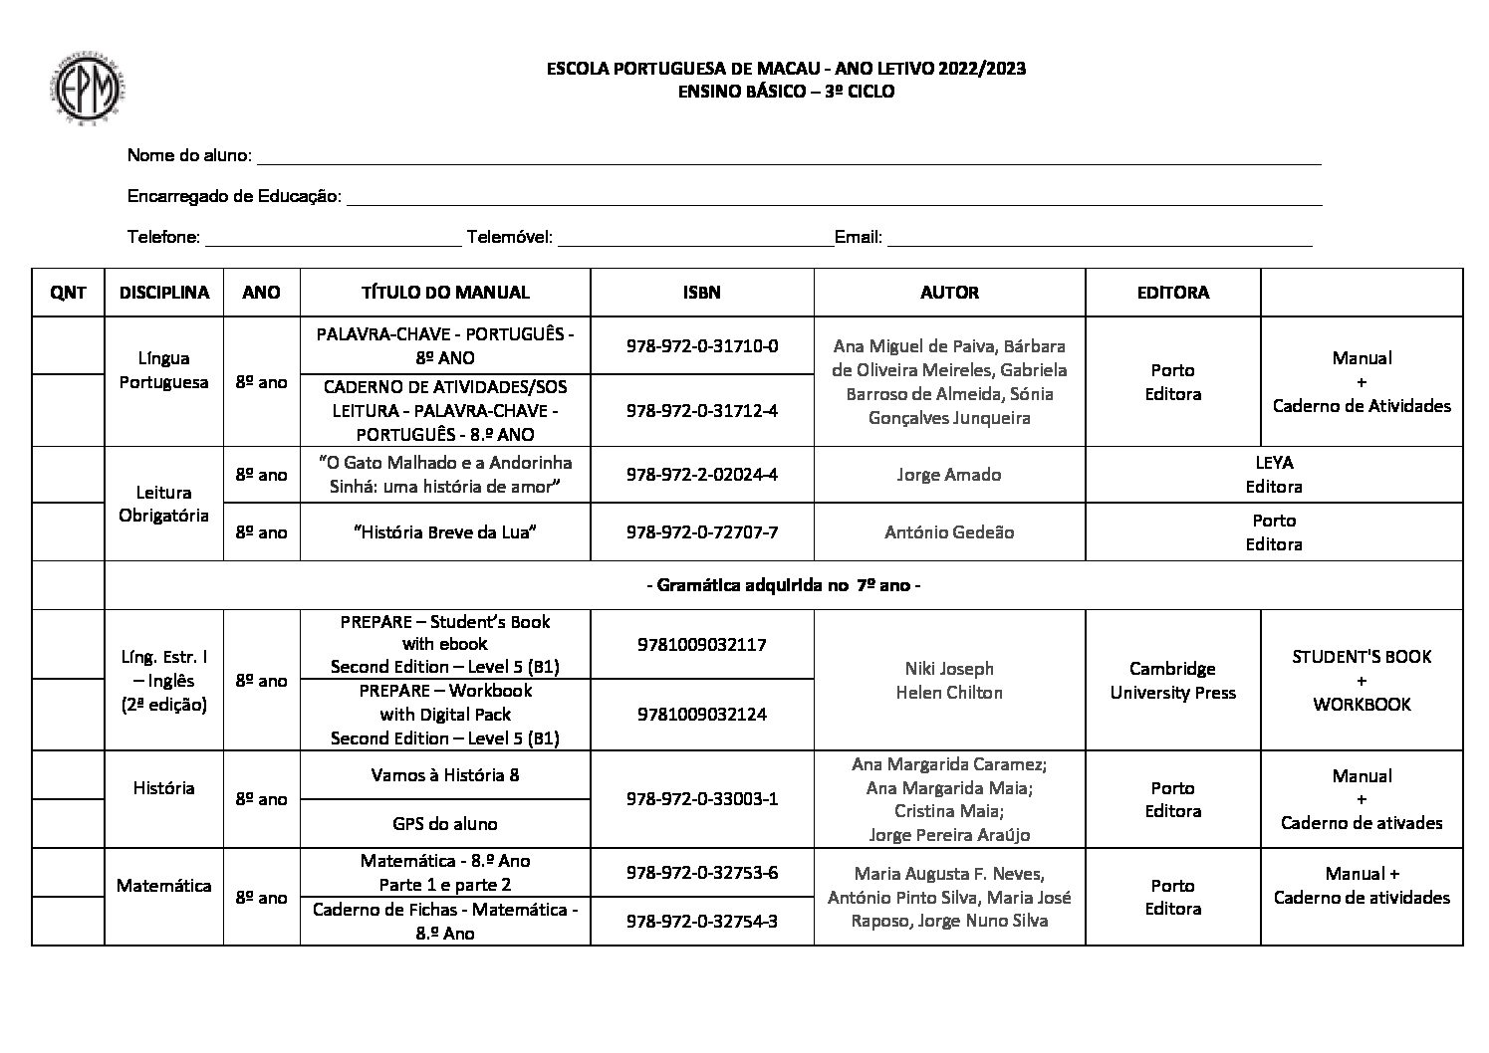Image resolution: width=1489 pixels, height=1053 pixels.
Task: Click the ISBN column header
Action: click(x=701, y=293)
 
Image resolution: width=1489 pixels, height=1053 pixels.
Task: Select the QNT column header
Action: click(x=68, y=293)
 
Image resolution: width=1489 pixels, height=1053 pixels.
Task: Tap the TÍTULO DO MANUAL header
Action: click(x=444, y=293)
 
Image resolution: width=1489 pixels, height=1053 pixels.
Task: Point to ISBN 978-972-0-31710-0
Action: click(x=701, y=346)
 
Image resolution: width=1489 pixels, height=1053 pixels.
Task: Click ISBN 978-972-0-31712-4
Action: click(x=701, y=410)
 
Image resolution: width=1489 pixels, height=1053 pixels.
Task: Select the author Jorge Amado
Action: click(x=948, y=475)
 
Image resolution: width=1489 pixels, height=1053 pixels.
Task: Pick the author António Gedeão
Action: click(x=948, y=532)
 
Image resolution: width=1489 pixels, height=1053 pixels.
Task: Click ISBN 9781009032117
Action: click(x=701, y=645)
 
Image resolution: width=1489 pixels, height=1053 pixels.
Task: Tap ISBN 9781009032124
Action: click(x=701, y=715)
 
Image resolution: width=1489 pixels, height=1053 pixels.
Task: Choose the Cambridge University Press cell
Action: click(x=1172, y=681)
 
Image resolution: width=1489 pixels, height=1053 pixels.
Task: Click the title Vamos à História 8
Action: click(x=444, y=775)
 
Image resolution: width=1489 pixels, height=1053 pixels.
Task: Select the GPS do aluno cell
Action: click(x=444, y=824)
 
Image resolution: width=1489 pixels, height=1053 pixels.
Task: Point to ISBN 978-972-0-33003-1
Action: click(x=701, y=799)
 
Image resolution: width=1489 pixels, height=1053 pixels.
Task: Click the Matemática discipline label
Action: click(x=163, y=886)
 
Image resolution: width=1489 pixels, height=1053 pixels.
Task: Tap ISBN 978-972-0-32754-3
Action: click(x=701, y=922)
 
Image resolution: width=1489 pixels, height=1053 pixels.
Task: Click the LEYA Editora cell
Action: click(x=1273, y=475)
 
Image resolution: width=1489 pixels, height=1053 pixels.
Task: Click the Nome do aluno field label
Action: click(x=189, y=156)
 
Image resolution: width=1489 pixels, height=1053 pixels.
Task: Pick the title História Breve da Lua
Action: click(x=444, y=532)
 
